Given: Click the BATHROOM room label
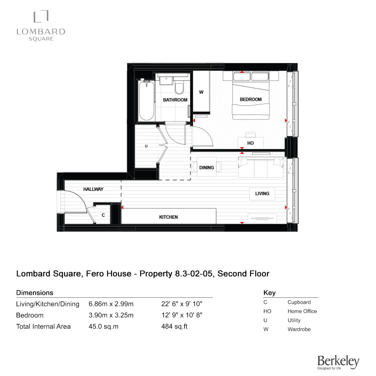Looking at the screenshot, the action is [175, 100].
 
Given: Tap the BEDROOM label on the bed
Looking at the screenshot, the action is [250, 99].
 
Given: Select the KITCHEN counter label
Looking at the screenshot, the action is [168, 217].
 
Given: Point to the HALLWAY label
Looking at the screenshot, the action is [93, 189].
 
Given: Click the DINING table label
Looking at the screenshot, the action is [206, 168].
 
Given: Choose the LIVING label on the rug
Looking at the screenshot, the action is [262, 194].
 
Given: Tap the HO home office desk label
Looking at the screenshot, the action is [250, 143].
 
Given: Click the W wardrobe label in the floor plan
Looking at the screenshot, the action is [201, 92].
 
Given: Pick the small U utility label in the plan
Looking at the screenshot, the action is [146, 146].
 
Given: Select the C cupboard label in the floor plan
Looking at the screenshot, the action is [103, 215].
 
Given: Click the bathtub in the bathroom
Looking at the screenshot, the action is [147, 100].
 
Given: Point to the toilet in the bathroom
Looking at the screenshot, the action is [179, 87].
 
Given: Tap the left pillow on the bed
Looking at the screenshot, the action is [242, 76].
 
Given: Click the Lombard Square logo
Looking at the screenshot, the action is [41, 26].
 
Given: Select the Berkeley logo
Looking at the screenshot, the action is [338, 362].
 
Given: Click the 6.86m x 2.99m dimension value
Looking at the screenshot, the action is [111, 304].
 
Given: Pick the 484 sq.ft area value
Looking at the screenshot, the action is [174, 326].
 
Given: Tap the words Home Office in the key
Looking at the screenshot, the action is [302, 311].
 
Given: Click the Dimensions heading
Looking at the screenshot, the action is [35, 293].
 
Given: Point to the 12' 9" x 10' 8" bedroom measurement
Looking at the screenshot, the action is [182, 315].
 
